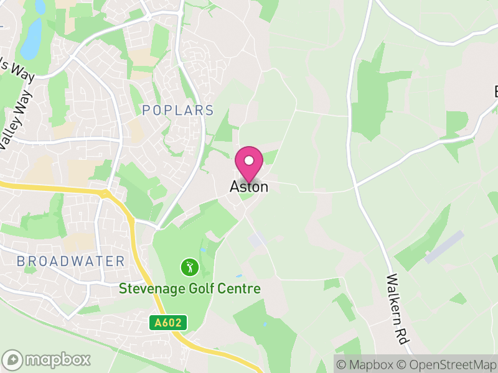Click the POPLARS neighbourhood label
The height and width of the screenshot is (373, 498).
click(177, 111)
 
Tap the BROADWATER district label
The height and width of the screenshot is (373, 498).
click(71, 261)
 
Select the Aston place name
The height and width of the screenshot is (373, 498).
click(249, 186)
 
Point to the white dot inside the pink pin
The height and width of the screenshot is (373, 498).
click(249, 160)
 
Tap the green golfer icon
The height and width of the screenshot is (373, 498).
click(189, 268)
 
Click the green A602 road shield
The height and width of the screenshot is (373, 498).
click(168, 323)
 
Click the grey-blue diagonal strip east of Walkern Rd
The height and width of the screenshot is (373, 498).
click(444, 247)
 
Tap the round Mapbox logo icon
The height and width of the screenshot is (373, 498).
click(13, 359)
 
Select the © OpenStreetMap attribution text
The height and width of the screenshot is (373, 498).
click(446, 365)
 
